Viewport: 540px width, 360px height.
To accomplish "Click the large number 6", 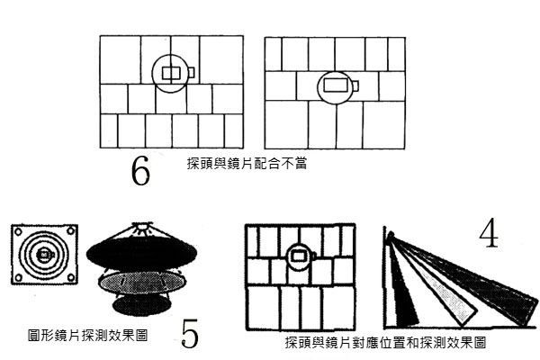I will (139, 171).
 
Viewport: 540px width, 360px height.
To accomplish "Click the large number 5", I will (190, 333).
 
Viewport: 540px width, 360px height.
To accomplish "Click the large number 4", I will (489, 233).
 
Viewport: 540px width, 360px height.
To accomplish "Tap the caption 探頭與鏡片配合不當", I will (247, 166).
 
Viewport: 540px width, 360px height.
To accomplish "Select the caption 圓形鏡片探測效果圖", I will (87, 334).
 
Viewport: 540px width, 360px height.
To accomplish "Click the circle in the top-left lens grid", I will (170, 72).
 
